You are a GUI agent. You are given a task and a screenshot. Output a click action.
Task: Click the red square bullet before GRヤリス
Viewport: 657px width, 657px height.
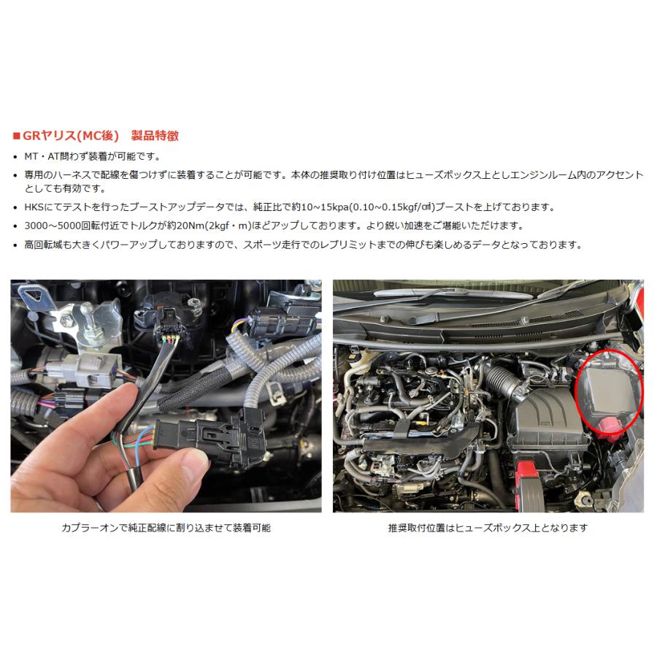click(17, 137)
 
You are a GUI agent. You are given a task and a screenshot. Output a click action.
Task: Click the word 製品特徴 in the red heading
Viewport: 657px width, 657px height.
click(155, 136)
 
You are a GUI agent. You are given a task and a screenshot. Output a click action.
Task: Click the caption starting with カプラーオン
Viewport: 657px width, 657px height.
click(166, 527)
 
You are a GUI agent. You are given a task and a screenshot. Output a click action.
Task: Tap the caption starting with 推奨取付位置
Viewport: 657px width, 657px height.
click(488, 527)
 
